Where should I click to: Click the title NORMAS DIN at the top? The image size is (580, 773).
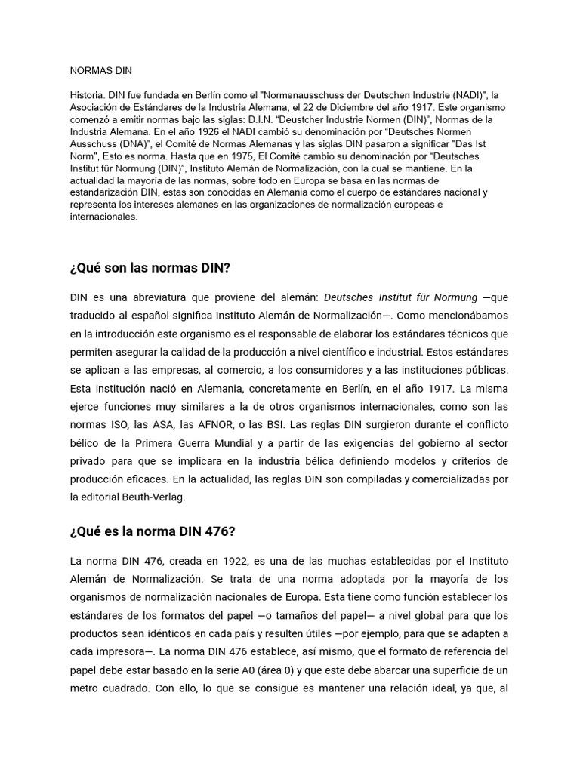click(x=100, y=71)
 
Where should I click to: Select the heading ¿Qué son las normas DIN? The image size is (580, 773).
click(x=150, y=268)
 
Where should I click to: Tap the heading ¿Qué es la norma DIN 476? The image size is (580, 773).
click(x=153, y=531)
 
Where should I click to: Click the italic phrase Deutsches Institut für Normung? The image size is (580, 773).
click(x=405, y=297)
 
